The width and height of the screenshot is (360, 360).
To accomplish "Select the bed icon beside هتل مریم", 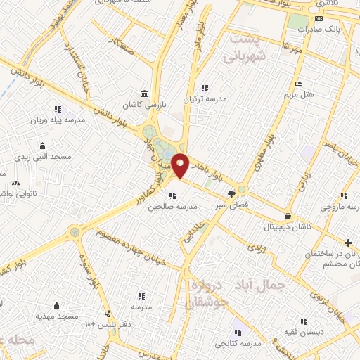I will click(300, 84).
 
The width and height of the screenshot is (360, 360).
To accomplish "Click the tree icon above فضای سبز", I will click(231, 195).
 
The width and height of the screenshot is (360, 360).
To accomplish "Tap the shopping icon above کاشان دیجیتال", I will click(287, 216).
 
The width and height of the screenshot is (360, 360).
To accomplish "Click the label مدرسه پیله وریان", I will click(58, 120).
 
